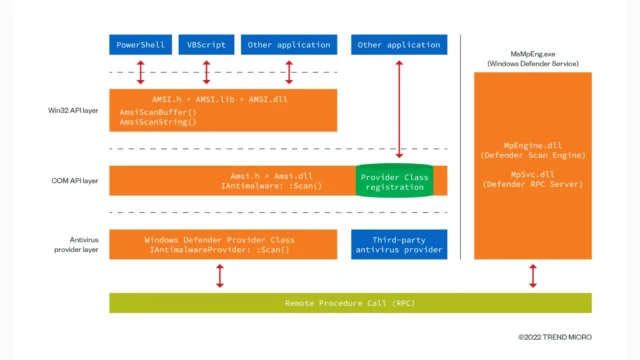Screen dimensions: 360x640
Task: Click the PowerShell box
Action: (141, 45)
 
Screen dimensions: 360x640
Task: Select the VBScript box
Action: (207, 45)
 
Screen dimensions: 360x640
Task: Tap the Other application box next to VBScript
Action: (289, 45)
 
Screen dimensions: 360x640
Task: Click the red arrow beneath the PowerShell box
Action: (141, 72)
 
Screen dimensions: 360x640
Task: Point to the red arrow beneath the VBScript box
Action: (207, 72)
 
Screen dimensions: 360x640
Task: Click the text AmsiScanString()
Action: (158, 123)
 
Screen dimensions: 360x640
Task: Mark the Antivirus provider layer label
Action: (71, 244)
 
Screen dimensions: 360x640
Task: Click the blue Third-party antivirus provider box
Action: (398, 244)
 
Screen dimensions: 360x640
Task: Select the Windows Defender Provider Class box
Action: (219, 244)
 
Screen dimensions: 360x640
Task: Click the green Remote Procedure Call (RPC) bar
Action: (350, 302)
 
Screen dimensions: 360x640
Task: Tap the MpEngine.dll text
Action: (532, 145)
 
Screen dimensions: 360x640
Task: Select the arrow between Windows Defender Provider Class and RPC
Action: (219, 276)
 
